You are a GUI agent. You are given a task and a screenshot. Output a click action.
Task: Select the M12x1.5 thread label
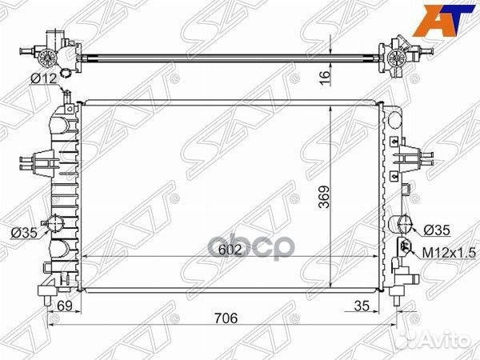[444, 252]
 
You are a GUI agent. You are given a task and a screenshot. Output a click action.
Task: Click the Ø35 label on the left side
[23, 233]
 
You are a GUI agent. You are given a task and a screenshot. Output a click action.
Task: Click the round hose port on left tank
[57, 225]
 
